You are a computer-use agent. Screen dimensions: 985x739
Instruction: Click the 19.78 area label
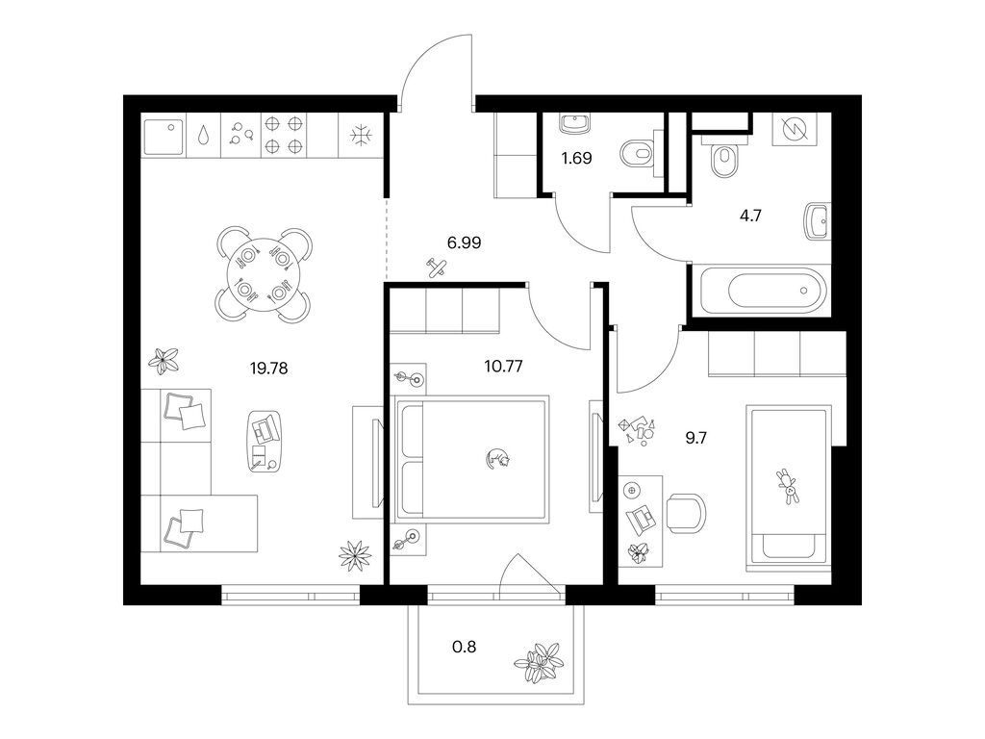pyautogui.click(x=269, y=369)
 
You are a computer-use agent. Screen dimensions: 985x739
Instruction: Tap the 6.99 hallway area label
pyautogui.click(x=464, y=242)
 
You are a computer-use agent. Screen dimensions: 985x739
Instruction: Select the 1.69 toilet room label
pyautogui.click(x=577, y=158)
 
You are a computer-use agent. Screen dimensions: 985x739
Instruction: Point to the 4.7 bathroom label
pyautogui.click(x=750, y=217)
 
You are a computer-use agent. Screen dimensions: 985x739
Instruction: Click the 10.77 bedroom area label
pyautogui.click(x=504, y=366)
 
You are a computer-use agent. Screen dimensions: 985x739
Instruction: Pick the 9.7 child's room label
pyautogui.click(x=696, y=438)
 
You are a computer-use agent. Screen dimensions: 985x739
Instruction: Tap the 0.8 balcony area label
pyautogui.click(x=465, y=646)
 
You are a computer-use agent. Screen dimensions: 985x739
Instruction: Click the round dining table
pyautogui.click(x=264, y=274)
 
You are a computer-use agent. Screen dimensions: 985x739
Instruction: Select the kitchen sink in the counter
pyautogui.click(x=163, y=138)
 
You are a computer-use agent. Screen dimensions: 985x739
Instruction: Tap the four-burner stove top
pyautogui.click(x=283, y=135)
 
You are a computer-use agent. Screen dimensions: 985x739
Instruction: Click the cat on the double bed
pyautogui.click(x=497, y=458)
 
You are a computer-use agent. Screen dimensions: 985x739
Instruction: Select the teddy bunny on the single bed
pyautogui.click(x=787, y=486)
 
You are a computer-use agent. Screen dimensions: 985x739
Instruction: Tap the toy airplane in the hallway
pyautogui.click(x=438, y=268)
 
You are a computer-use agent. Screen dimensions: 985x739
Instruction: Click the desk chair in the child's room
pyautogui.click(x=686, y=513)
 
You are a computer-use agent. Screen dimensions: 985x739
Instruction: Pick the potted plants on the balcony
pyautogui.click(x=540, y=663)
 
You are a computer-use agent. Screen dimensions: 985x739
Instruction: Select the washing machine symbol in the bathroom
pyautogui.click(x=794, y=130)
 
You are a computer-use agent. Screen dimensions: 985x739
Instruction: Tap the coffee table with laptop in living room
pyautogui.click(x=264, y=442)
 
